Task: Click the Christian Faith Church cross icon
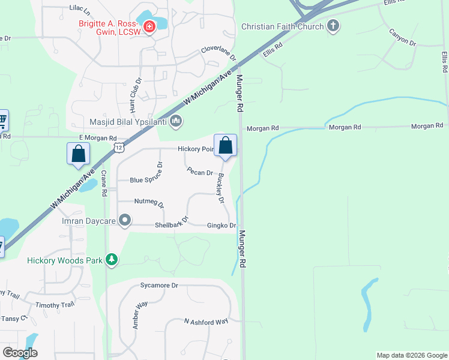[333, 26]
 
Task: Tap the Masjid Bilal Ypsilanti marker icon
[176, 122]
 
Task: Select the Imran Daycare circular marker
[125, 221]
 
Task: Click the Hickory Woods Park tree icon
[111, 260]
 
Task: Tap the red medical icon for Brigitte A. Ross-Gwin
[148, 26]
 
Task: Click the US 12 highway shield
[119, 147]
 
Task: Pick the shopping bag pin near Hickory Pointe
[225, 146]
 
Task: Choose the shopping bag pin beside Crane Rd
[79, 154]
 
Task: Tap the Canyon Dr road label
[402, 37]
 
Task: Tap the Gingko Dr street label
[221, 226]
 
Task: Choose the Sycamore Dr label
[159, 286]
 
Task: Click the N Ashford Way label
[206, 322]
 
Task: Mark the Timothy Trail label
[55, 305]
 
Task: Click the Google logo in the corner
[20, 353]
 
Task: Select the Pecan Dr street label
[200, 172]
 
